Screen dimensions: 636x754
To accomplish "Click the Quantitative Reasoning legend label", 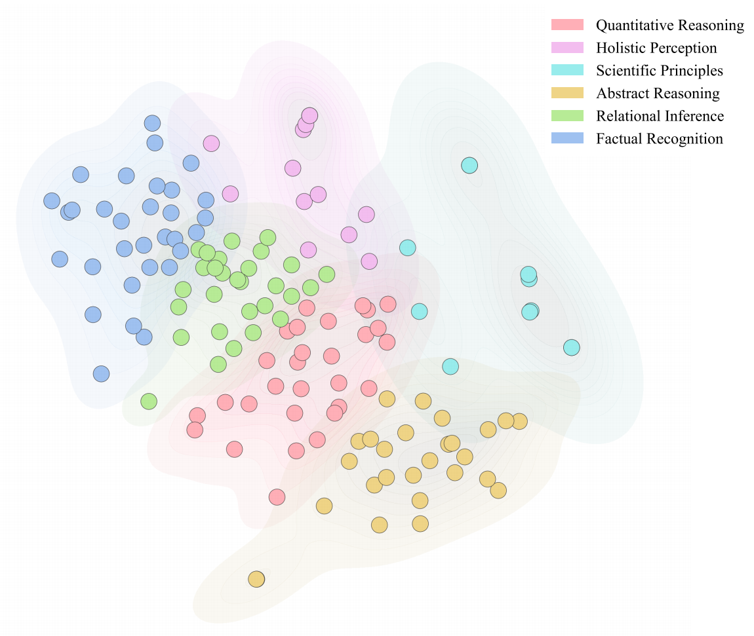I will [x=669, y=26].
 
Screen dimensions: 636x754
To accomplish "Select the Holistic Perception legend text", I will [x=656, y=48].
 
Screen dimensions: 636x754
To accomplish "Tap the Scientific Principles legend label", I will [x=659, y=71].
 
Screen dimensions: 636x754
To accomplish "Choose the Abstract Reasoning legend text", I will [x=657, y=94].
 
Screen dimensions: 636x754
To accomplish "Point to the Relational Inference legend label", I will [x=660, y=116].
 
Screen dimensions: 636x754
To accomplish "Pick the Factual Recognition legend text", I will [x=659, y=139].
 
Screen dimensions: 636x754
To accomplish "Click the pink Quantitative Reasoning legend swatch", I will [x=567, y=25].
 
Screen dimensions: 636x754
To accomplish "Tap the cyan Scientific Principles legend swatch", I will [x=567, y=70].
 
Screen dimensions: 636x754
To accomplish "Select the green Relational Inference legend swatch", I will [x=567, y=115].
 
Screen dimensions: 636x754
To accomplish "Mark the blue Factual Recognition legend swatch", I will [x=567, y=138].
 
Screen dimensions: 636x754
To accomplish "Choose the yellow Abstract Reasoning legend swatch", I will [x=567, y=93].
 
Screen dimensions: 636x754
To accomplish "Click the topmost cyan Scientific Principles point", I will [x=469, y=165].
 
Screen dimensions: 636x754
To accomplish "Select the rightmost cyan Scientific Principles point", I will [x=572, y=347].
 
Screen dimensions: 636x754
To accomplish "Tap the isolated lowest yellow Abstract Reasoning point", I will [x=256, y=579].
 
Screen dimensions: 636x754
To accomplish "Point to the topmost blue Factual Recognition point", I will [x=152, y=123].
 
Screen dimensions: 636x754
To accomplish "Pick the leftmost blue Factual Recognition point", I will [x=52, y=201].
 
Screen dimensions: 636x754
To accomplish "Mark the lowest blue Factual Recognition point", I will [x=101, y=374].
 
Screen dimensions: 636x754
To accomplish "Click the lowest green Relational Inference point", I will [x=149, y=402].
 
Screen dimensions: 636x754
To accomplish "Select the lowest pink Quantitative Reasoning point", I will [x=277, y=497].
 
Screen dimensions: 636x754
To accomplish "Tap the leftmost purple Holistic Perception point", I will [x=211, y=143].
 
